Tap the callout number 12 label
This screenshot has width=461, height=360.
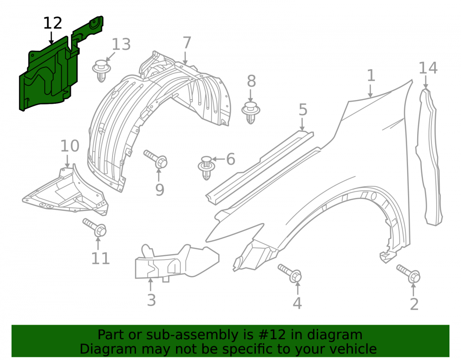pos(53,23)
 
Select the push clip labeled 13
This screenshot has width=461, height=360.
pos(101,71)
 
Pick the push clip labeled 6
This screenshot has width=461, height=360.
pos(207,168)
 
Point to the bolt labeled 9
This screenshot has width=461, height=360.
pos(156,159)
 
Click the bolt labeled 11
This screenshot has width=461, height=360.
pos(95,227)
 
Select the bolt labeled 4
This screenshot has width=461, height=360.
pos(290,273)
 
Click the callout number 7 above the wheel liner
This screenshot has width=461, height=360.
pos(187,43)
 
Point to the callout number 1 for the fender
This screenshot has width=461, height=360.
pos(371,75)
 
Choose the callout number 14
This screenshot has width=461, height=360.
pos(428,68)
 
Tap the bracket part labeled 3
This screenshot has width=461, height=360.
pos(177,262)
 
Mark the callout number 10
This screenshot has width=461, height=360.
pos(70,146)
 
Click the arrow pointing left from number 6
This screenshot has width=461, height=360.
pos(219,159)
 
